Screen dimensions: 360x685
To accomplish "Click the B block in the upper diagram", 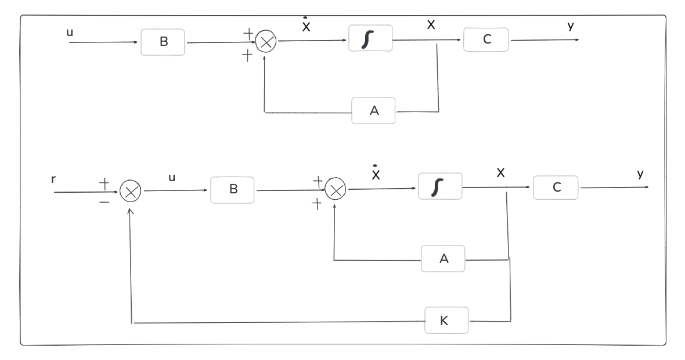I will (163, 42).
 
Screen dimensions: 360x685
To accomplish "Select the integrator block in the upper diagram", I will (370, 38).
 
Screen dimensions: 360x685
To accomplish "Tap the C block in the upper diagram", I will (486, 39).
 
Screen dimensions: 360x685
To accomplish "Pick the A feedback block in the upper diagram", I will (373, 110).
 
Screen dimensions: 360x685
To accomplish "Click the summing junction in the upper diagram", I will (266, 42).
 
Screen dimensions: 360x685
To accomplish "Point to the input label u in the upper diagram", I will (70, 33).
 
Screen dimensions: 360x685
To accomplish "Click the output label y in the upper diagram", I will (571, 26).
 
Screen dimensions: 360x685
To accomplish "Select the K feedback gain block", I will (446, 321).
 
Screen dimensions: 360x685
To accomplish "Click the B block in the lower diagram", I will (232, 190).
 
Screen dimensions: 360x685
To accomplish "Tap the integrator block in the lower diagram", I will (440, 186).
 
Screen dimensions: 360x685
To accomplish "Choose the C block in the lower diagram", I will (556, 188).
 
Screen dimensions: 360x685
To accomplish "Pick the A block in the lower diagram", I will (443, 258).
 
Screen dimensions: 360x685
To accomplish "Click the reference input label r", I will (53, 179).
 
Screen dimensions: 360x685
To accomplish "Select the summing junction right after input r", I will (130, 192).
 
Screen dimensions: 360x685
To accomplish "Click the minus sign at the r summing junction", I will (104, 203).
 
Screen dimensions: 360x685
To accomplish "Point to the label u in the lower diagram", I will (172, 178).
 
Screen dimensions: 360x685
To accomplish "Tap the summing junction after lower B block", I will (335, 189).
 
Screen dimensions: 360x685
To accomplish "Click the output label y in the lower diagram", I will (640, 174).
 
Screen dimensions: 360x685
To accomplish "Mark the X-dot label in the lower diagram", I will (376, 174).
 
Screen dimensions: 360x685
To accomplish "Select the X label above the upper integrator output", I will (431, 26).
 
